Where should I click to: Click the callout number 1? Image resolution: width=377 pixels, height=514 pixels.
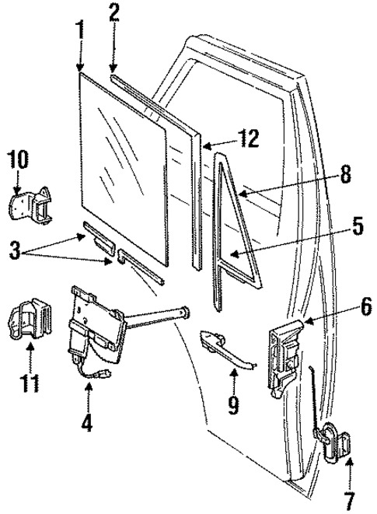click(80, 30)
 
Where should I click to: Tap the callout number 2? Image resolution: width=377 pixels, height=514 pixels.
click(114, 12)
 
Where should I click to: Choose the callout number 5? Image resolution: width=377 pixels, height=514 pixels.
click(356, 227)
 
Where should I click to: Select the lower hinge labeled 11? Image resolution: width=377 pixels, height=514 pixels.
click(30, 320)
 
